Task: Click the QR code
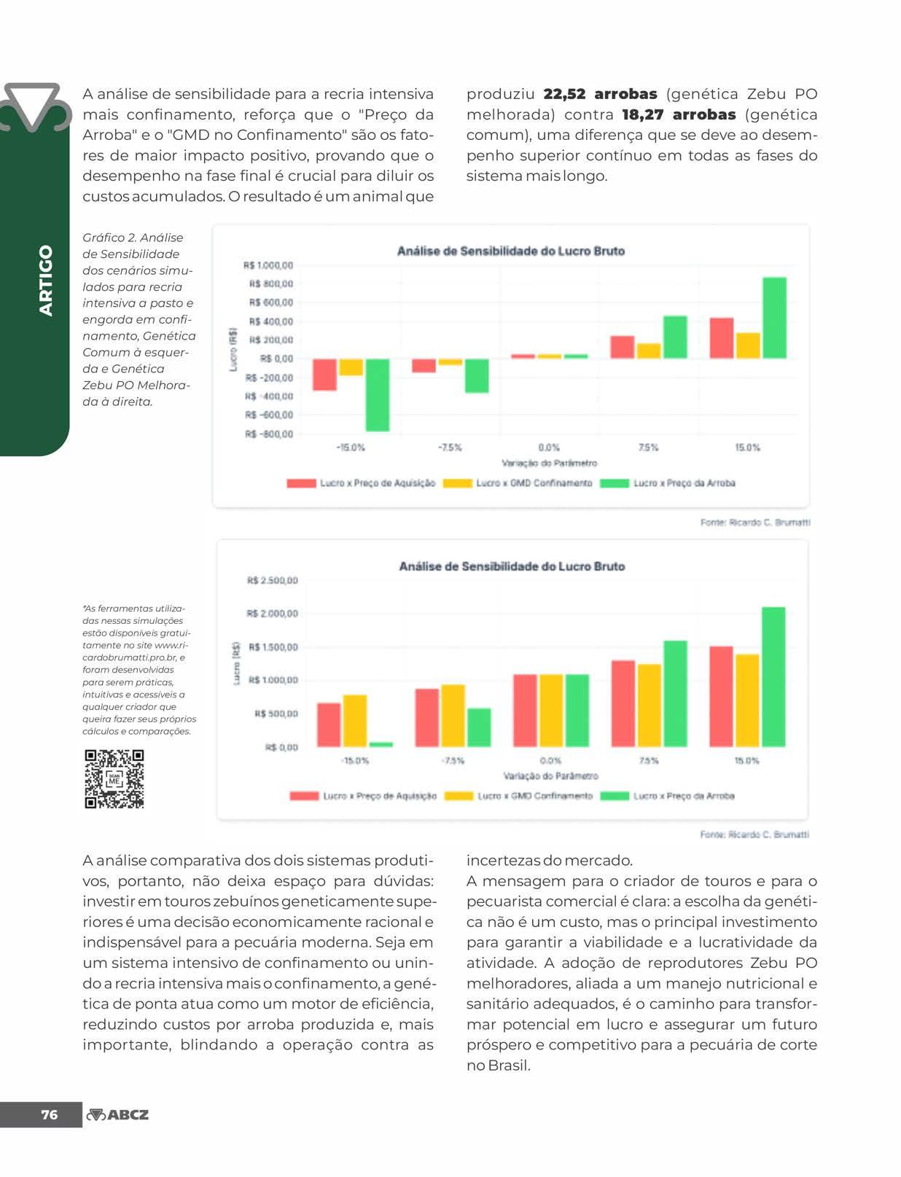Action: [114, 778]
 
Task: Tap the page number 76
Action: [49, 1114]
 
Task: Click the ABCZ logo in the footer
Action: [117, 1114]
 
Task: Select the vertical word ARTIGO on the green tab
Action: [46, 280]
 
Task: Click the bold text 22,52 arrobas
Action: [600, 94]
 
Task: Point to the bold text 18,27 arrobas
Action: [679, 114]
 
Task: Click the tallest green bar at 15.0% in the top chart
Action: [774, 318]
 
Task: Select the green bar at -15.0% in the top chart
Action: [378, 394]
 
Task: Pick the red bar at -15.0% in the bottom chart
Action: [329, 724]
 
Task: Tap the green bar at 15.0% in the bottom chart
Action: [773, 676]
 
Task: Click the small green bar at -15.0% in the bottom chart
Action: [381, 744]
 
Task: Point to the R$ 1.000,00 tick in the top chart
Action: [268, 265]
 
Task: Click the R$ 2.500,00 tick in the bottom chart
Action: [272, 581]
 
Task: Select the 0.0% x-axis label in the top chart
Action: [549, 447]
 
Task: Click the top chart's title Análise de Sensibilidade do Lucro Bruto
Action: [510, 251]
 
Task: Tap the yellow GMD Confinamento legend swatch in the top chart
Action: [458, 483]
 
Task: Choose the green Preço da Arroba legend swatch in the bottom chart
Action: [614, 796]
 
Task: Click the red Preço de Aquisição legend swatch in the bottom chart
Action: [304, 796]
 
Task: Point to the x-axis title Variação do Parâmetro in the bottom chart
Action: [550, 775]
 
